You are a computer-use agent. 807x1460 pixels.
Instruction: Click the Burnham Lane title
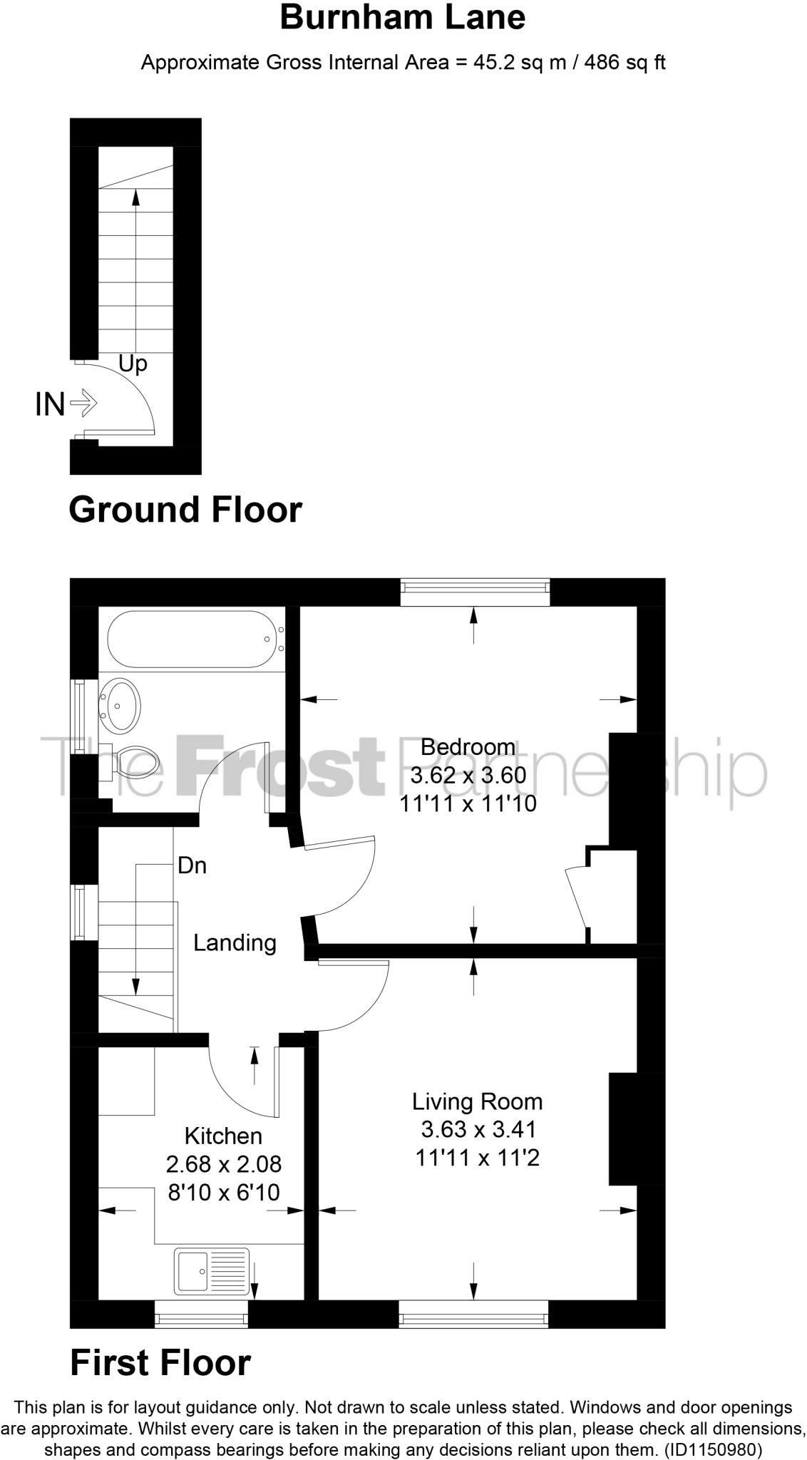tap(403, 18)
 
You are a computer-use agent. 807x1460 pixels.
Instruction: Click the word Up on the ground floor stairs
tap(133, 364)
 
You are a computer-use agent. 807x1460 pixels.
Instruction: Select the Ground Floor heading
tap(185, 510)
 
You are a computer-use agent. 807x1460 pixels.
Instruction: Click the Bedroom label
tap(468, 747)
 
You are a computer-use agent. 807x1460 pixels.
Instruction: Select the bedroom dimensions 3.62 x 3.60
tap(468, 775)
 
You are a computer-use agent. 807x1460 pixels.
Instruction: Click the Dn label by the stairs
tap(192, 865)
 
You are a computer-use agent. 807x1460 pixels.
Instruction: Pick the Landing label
tap(235, 943)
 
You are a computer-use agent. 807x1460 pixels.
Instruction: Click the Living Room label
tap(477, 1101)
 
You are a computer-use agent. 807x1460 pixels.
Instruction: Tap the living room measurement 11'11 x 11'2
tap(477, 1158)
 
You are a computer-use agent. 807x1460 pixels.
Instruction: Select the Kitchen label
tap(223, 1136)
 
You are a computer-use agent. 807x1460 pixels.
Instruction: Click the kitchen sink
tap(212, 1270)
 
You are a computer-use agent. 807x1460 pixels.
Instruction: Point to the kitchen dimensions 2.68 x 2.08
tap(223, 1164)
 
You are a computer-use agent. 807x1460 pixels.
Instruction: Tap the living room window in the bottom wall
tap(473, 1314)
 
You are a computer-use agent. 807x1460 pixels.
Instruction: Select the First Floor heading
tap(160, 1363)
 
